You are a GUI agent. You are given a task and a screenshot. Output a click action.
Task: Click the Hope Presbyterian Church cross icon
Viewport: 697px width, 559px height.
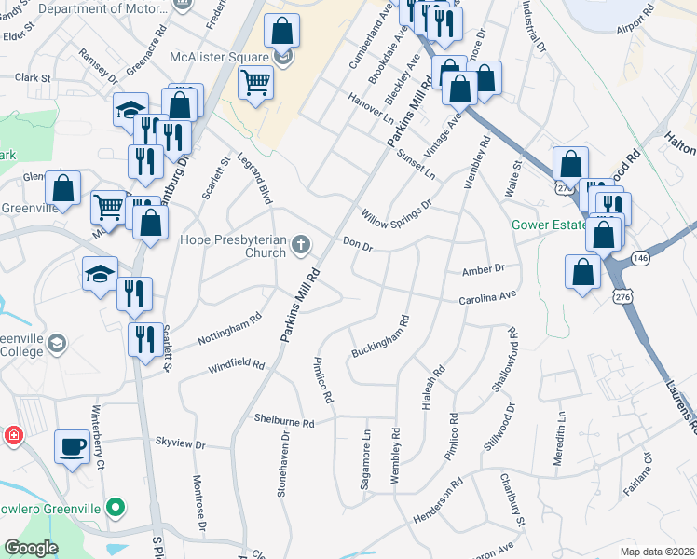point(300,245)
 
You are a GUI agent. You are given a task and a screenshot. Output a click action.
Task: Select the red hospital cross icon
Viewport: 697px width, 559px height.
point(13,436)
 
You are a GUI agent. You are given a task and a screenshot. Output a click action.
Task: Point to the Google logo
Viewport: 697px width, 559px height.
point(31,548)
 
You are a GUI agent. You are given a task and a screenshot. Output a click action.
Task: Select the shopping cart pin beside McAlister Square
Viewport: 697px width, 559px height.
point(255,84)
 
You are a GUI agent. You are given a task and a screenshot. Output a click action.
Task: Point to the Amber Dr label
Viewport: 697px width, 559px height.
point(483,270)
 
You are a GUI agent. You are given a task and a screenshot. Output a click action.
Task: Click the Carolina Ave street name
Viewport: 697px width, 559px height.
point(486,298)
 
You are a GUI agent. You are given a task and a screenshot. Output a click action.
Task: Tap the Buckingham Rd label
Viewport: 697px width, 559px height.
point(380,338)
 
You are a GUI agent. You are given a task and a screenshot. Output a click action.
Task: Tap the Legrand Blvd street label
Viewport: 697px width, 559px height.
point(253,179)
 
